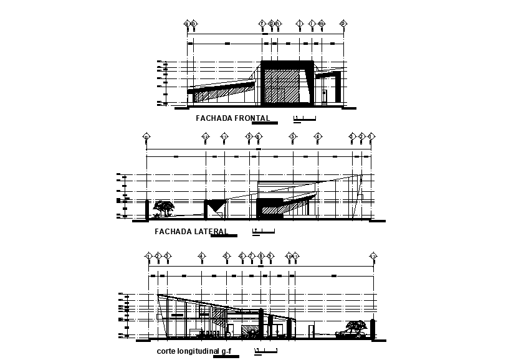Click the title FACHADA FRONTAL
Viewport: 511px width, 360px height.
233,118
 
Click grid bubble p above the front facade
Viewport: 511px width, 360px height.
343,24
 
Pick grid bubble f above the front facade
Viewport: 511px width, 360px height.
262,24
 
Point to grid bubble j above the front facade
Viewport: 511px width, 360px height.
300,24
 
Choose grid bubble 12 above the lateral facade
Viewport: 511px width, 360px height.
205,136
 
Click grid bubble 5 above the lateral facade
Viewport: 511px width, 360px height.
292,136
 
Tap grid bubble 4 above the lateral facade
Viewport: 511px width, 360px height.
318,136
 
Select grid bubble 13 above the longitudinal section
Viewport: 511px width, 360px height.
373,256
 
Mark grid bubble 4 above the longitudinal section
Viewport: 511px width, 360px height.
201,256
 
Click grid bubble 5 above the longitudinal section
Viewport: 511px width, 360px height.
227,256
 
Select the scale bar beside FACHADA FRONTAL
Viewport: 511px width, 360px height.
305,118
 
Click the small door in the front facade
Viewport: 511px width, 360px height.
324,95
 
